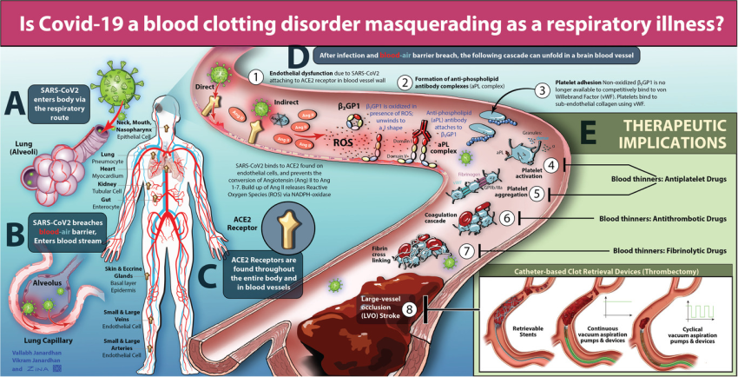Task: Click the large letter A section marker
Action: [14, 103]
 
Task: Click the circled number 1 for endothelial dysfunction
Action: [255, 76]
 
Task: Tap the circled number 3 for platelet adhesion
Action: [541, 90]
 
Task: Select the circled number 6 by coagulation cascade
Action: [507, 219]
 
